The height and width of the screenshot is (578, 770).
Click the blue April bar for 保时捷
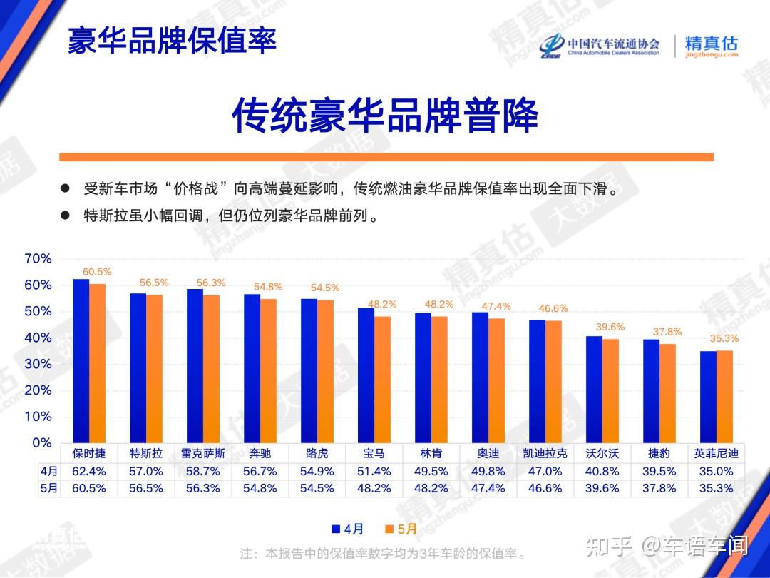pos(81,361)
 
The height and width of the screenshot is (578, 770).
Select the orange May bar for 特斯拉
pos(154,369)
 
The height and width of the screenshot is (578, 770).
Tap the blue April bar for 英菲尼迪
pos(708,397)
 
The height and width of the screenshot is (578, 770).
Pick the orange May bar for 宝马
pos(383,380)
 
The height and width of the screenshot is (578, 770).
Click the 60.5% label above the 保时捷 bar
pos(97,272)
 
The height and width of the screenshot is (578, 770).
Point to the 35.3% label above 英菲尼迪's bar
pos(724,338)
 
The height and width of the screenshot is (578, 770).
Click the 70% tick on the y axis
pos(38,258)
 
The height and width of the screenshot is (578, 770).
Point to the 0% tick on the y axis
pos(42,443)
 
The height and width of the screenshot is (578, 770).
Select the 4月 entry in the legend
pos(348,529)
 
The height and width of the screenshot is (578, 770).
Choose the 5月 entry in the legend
pos(401,529)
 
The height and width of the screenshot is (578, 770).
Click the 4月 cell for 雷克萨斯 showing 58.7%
pos(202,472)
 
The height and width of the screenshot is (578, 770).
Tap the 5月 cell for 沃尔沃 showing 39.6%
pos(602,488)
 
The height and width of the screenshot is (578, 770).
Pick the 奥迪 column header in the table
pos(488,453)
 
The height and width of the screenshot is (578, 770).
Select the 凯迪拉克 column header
pos(545,453)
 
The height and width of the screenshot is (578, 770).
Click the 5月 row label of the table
pos(49,488)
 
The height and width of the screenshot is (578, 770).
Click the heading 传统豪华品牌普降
pos(385,116)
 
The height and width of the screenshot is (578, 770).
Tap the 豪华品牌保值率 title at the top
pos(172,40)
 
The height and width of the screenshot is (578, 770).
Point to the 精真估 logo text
pos(711,44)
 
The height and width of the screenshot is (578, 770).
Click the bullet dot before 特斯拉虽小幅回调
pos(65,216)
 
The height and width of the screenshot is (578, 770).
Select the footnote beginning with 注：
pos(383,554)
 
